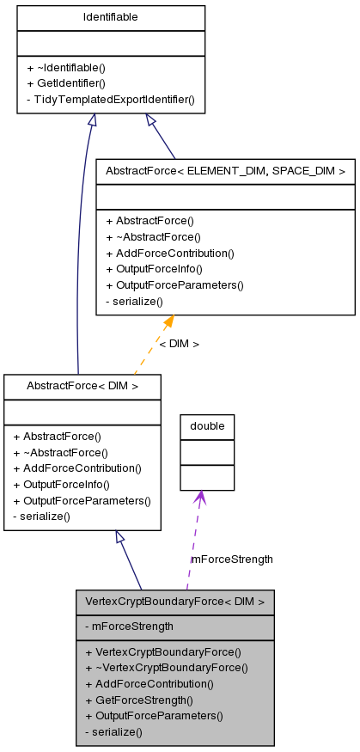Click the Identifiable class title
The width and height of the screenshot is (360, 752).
coord(110,17)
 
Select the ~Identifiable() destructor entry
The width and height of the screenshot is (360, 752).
coord(71,67)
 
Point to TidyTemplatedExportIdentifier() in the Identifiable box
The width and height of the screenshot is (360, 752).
coord(111,100)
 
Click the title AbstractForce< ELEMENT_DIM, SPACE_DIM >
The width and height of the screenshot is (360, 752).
coord(225,171)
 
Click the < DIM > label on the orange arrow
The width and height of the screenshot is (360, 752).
coord(179,344)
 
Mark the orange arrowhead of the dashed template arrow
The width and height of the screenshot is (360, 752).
coord(168,322)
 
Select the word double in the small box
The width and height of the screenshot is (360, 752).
coord(207,426)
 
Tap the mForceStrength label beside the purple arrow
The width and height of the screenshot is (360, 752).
coord(232,559)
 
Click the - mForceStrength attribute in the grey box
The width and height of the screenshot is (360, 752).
coord(129,627)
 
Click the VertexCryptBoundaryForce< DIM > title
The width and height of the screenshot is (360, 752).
coord(174,601)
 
